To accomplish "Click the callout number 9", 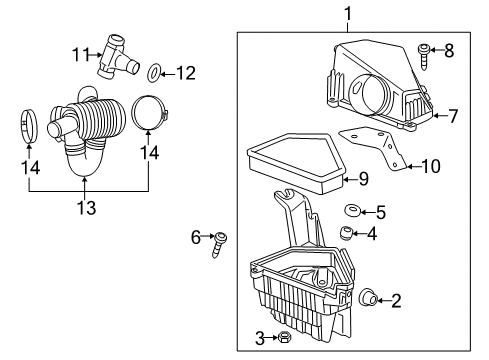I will click(363, 180).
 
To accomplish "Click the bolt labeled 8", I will click(425, 50).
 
